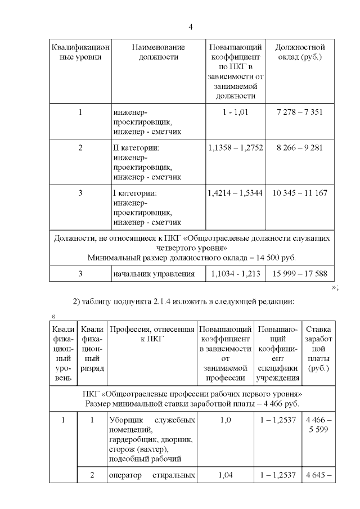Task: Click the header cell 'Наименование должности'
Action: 158,52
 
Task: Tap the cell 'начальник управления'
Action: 154,274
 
